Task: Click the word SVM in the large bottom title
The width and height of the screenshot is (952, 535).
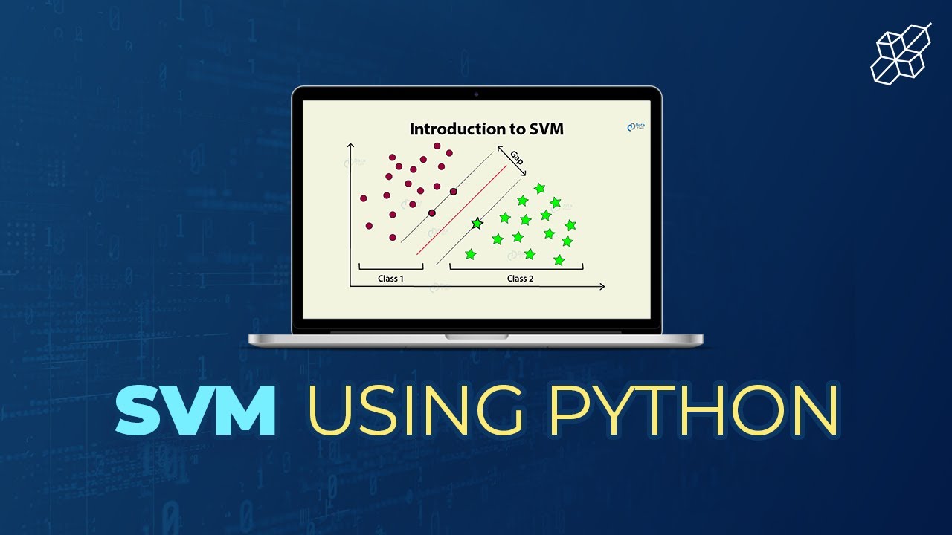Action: pos(195,410)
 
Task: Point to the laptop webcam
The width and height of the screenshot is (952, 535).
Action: pos(476,94)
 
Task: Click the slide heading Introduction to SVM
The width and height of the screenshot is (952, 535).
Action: pos(486,129)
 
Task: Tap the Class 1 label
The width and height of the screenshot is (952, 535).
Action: pos(390,279)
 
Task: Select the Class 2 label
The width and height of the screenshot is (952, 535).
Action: pos(520,279)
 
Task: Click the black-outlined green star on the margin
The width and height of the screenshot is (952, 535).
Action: pos(477,223)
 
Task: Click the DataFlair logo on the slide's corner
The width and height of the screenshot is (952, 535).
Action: pos(635,128)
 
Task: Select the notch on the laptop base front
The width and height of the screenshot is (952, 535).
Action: pos(476,337)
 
